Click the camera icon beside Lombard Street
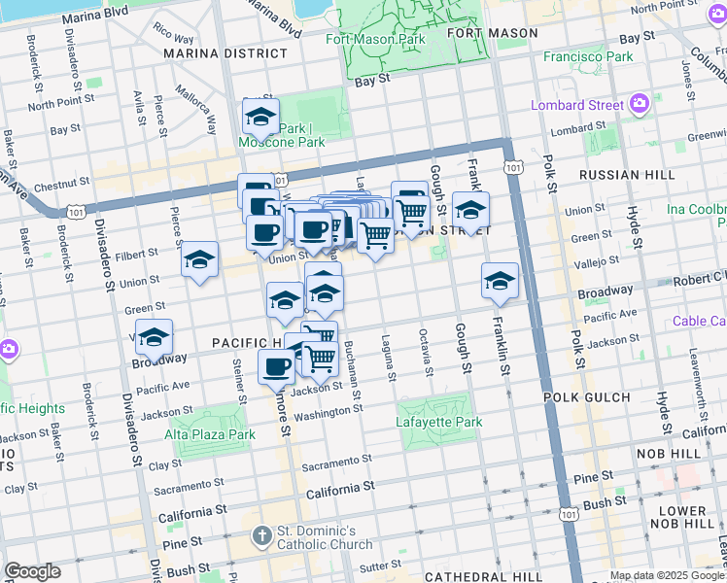(640, 103)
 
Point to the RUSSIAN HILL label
(626, 175)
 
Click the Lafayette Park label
(439, 423)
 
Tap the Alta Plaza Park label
(209, 434)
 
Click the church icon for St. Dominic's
(261, 535)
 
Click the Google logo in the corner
(32, 571)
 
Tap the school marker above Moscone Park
(260, 118)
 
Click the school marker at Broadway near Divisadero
(154, 337)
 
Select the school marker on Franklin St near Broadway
(500, 281)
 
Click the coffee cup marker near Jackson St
(277, 367)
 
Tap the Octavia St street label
(426, 359)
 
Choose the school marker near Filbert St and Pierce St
(199, 259)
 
